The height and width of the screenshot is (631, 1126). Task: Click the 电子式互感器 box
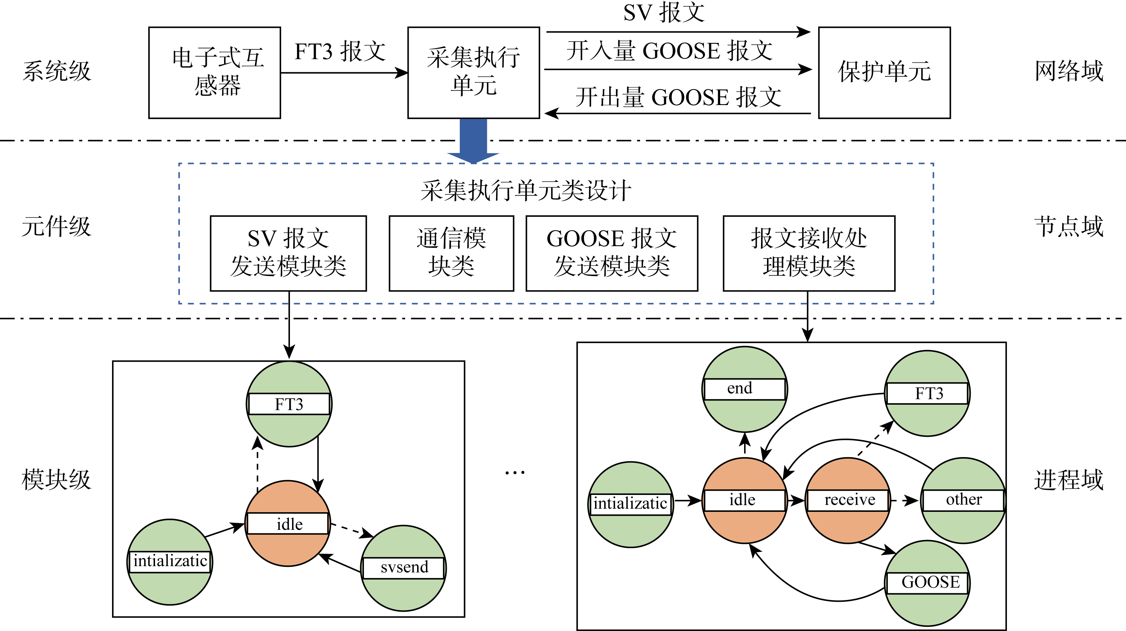215,73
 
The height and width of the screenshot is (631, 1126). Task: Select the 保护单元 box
884,73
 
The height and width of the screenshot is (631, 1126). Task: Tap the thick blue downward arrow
474,140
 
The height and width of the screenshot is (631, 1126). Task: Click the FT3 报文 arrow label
340,51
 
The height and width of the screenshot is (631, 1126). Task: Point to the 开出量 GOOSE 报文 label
678,97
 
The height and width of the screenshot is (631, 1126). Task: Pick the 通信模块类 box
451,253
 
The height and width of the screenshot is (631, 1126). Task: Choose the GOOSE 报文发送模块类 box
612,253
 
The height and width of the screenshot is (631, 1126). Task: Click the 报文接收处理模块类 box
809,253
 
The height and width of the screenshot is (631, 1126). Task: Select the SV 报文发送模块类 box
288,253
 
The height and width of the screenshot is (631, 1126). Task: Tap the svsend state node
403,568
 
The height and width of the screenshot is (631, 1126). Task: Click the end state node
744,389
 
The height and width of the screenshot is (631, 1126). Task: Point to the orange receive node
848,500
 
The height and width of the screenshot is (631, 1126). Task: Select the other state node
963,500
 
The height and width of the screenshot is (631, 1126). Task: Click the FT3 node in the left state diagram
289,404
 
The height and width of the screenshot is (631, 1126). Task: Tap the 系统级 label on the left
57,71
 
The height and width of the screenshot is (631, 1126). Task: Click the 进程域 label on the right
1069,480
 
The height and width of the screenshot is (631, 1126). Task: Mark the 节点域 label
1069,227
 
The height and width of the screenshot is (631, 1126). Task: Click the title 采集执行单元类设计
526,191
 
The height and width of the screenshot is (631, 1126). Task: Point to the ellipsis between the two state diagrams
514,473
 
